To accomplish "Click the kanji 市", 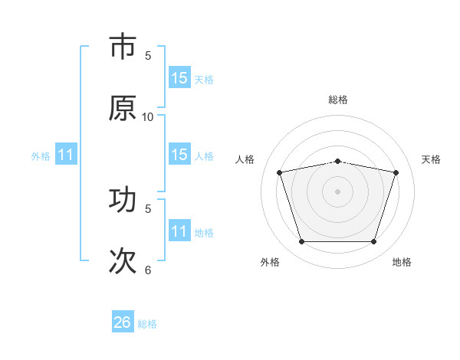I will click(x=123, y=47).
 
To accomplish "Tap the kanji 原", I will click(x=123, y=108).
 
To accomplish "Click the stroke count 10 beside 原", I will click(x=148, y=116).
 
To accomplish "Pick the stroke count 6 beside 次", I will click(x=148, y=270).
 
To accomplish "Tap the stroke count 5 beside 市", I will click(x=148, y=55).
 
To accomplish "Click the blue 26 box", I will click(x=123, y=322).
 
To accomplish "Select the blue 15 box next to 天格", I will click(x=179, y=78).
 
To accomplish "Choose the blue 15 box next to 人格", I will click(x=179, y=155).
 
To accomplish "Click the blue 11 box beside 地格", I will click(x=179, y=231).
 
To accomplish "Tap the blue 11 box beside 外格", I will click(x=66, y=155).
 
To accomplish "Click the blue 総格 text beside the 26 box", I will click(x=147, y=324).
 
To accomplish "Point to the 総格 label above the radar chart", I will click(x=338, y=100).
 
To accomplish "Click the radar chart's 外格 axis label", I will click(x=270, y=262).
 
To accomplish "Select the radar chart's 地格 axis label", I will click(x=402, y=262).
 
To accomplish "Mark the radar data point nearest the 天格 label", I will click(x=396, y=172).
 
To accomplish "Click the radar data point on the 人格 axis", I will click(x=280, y=172).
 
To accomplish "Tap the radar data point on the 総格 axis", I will click(x=338, y=161).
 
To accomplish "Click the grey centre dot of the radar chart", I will click(x=338, y=191).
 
